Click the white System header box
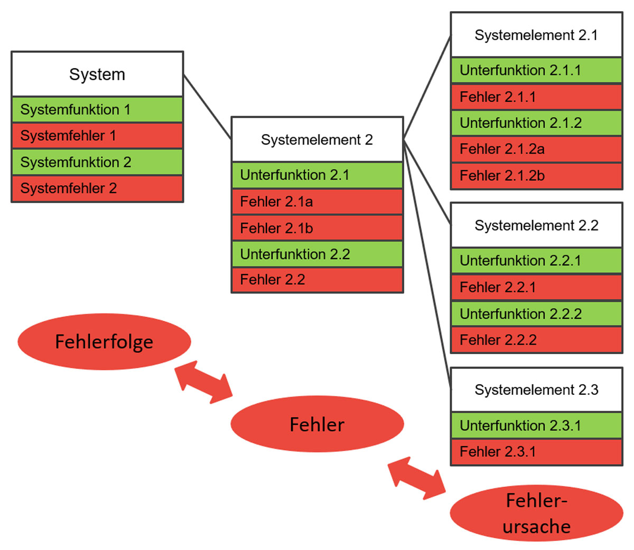[x=97, y=74]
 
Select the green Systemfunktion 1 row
[x=97, y=110]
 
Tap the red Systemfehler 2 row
[x=97, y=188]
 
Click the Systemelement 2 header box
[x=317, y=140]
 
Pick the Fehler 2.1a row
[x=317, y=202]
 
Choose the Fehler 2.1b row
[x=317, y=228]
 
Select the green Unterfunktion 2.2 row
[x=317, y=254]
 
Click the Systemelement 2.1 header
[x=536, y=35]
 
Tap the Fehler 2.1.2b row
[x=536, y=176]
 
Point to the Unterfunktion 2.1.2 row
[x=536, y=123]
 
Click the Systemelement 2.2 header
[x=536, y=225]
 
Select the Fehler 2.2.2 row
[x=536, y=340]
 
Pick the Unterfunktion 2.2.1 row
[x=536, y=261]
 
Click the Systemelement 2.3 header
[x=536, y=390]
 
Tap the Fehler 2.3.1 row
[x=536, y=452]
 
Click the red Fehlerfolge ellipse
[x=104, y=342]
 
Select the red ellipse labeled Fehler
[x=317, y=424]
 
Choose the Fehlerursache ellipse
[x=536, y=513]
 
